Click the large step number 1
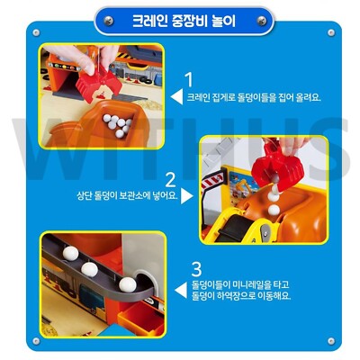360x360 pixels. (188, 81)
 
